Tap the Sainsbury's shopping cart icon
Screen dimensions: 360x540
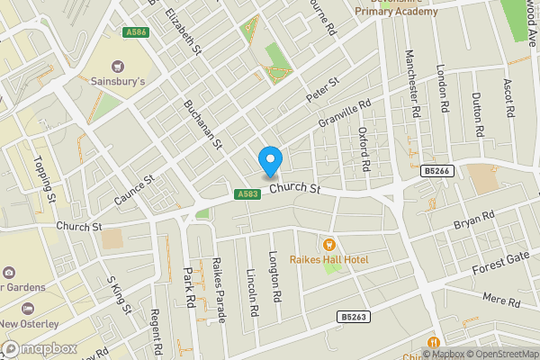coord(118,66)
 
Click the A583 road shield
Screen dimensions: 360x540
coord(249,194)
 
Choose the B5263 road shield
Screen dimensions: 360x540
coord(355,317)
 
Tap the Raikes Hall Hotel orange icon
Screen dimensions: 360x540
coord(328,244)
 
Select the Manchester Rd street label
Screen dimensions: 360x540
coord(415,86)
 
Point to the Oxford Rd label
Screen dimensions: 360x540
coord(364,148)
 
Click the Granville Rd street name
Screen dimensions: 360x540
coord(344,118)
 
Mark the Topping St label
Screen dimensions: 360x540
coord(46,178)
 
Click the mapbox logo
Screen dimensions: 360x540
coord(37,348)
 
